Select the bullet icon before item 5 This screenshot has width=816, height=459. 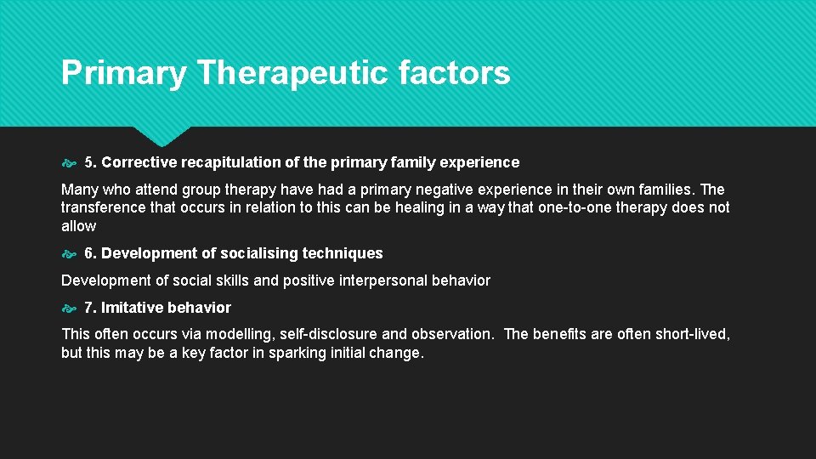point(70,162)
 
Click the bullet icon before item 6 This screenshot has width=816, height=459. point(70,253)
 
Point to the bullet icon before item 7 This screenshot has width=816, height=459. point(70,308)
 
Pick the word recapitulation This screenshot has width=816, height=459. point(224,161)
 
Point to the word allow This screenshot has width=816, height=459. point(78,226)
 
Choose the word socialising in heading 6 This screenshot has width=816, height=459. point(259,253)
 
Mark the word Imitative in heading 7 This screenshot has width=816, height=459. point(132,308)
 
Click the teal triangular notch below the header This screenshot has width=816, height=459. point(161,134)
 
